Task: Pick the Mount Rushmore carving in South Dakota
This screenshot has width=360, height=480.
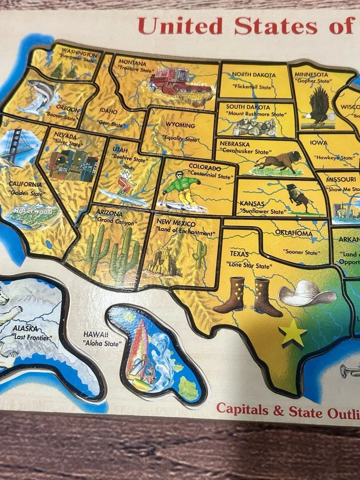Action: click(x=255, y=127)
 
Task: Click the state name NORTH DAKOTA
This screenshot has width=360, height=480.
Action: click(x=253, y=74)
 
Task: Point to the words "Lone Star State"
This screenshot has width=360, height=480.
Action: click(x=249, y=266)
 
